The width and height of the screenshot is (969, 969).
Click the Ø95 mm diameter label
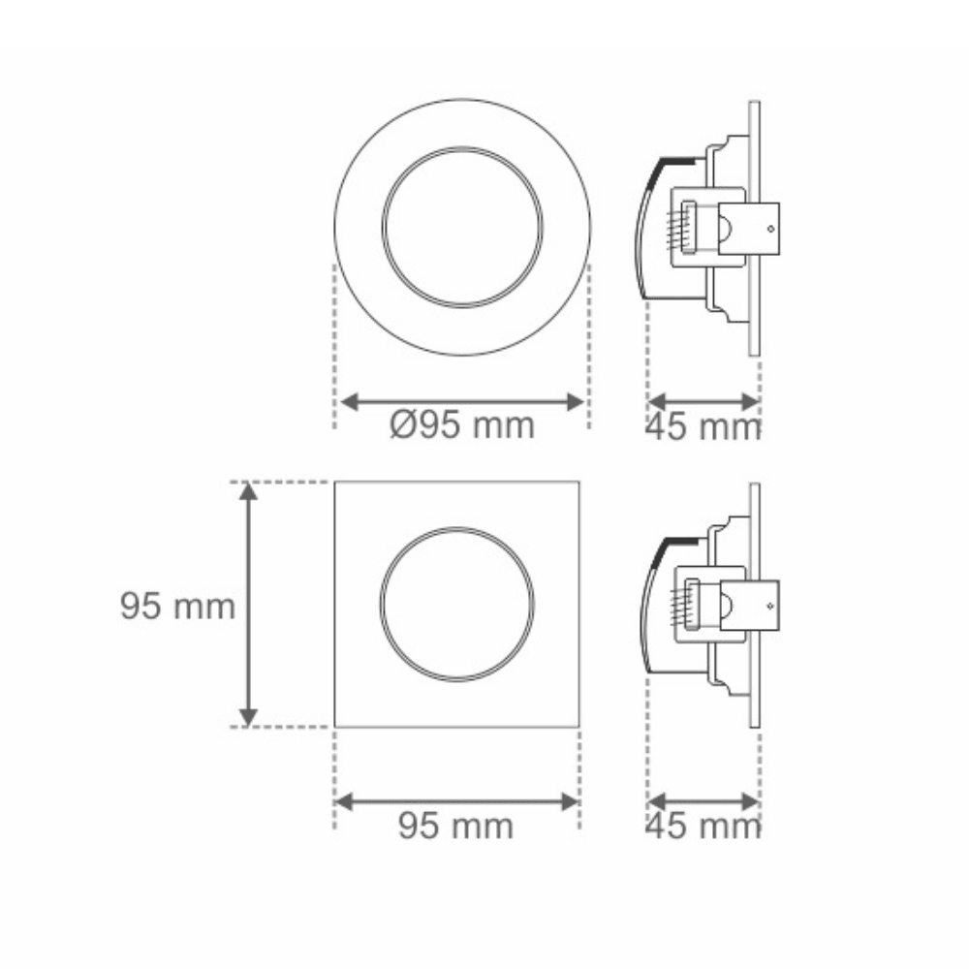[462, 425]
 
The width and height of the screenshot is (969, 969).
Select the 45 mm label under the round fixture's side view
[703, 426]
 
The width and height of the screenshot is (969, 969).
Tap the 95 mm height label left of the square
[178, 606]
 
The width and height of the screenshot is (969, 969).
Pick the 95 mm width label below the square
[456, 826]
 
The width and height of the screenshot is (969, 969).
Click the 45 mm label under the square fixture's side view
[703, 826]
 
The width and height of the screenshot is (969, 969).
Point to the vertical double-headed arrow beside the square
[248, 605]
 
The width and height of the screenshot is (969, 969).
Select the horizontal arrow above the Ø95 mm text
[462, 402]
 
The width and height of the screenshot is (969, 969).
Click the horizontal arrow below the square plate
[456, 802]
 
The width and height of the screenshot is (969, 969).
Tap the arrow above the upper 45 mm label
[703, 402]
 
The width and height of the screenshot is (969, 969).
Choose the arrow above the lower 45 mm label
[703, 802]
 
